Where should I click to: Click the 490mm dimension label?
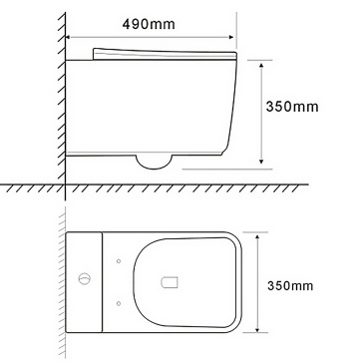click(x=149, y=24)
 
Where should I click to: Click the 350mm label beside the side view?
click(x=292, y=107)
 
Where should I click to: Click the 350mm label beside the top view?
click(x=290, y=286)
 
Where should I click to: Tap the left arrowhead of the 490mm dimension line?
click(x=68, y=37)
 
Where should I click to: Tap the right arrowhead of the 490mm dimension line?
click(x=231, y=37)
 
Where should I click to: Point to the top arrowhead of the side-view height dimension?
click(x=261, y=65)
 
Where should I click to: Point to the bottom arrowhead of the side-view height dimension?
click(x=261, y=162)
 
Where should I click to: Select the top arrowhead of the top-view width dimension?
click(x=257, y=236)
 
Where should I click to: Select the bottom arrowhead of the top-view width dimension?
click(x=257, y=327)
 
